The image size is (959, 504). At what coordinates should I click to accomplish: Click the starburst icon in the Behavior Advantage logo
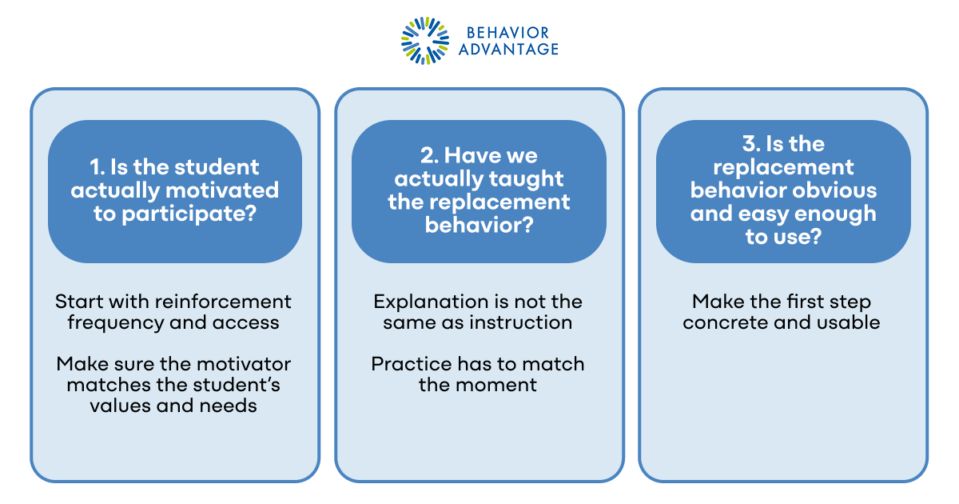click(425, 41)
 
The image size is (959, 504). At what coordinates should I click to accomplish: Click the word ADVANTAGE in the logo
click(508, 50)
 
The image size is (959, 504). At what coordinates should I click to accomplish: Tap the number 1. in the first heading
click(97, 167)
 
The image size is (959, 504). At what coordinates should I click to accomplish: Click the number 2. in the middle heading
click(431, 154)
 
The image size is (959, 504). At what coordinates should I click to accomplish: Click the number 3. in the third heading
click(751, 144)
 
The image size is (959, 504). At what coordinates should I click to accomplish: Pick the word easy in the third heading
click(756, 214)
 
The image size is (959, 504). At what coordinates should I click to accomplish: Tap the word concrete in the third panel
click(729, 322)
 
